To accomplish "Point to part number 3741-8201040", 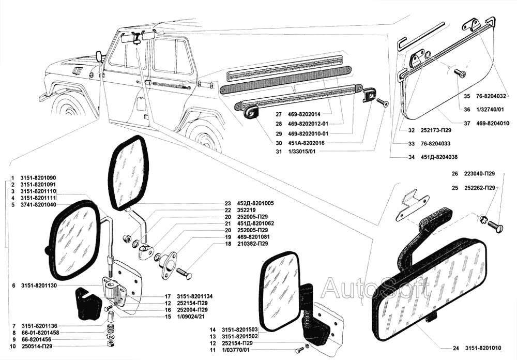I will pos(38,205).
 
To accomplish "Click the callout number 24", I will pos(455,348).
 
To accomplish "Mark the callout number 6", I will pos(12,286).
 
